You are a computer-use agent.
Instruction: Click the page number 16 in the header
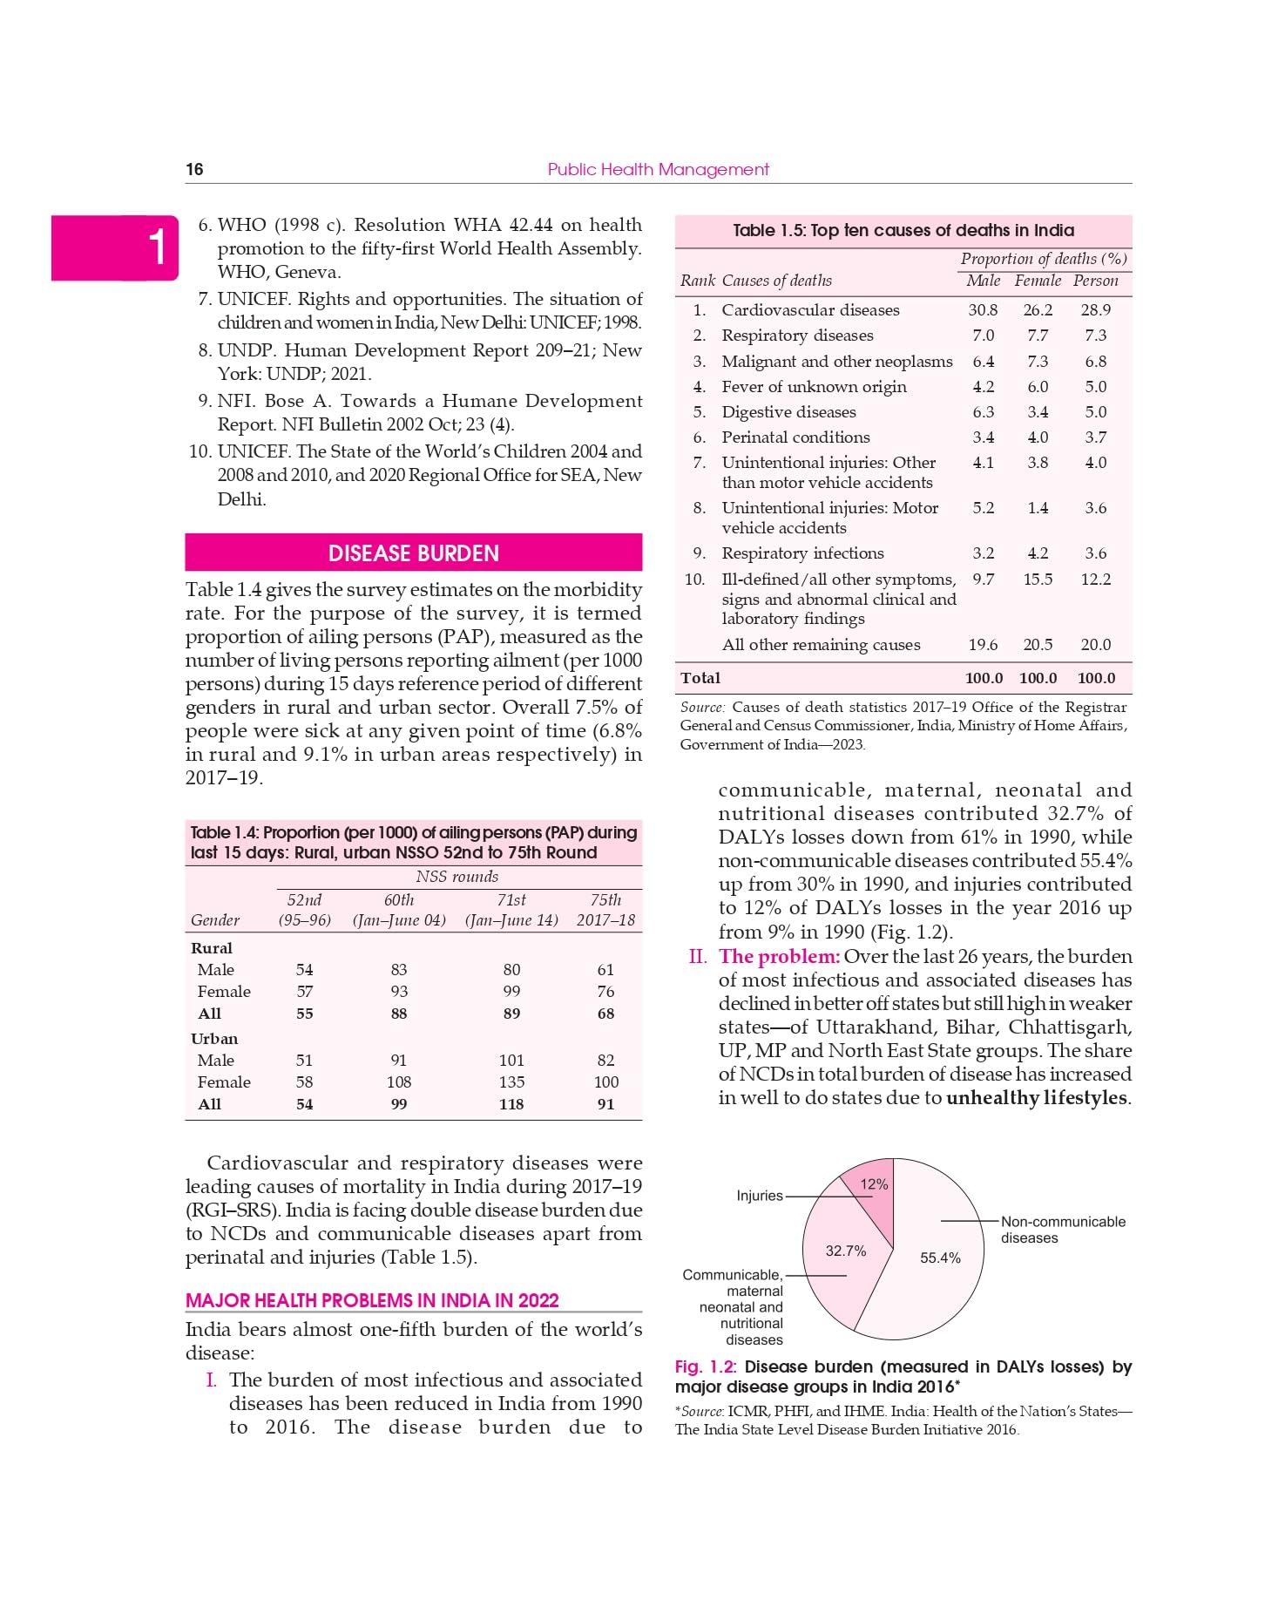194,169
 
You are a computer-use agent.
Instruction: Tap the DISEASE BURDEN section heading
413,553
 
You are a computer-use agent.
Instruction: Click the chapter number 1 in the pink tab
156,247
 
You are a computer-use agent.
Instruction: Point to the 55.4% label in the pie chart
940,1258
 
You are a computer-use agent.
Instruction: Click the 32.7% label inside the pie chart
845,1251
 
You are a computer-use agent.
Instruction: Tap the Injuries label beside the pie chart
760,1196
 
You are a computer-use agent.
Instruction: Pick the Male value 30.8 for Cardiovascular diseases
983,309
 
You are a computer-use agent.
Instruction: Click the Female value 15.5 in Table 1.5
1038,579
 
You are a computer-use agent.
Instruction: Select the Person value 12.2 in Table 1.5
1095,579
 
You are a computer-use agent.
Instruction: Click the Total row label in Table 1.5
700,678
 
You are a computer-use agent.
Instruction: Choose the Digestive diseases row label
788,411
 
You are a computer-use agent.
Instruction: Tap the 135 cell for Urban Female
511,1082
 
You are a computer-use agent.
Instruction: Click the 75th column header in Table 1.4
605,900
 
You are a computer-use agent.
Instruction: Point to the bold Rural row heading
212,948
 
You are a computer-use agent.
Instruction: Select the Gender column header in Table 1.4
215,920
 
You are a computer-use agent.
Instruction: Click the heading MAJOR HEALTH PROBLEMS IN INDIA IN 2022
372,1300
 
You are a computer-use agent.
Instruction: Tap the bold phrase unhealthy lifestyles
1037,1098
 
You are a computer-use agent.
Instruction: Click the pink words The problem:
779,957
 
